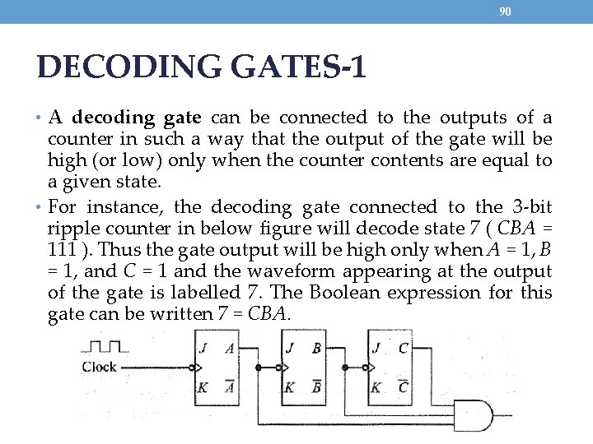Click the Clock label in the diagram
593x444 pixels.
click(x=99, y=367)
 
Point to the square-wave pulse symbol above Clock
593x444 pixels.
click(x=105, y=345)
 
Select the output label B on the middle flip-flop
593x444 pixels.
click(x=316, y=347)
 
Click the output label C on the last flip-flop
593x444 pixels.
click(x=404, y=347)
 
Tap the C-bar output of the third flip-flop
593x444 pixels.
click(x=404, y=386)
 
